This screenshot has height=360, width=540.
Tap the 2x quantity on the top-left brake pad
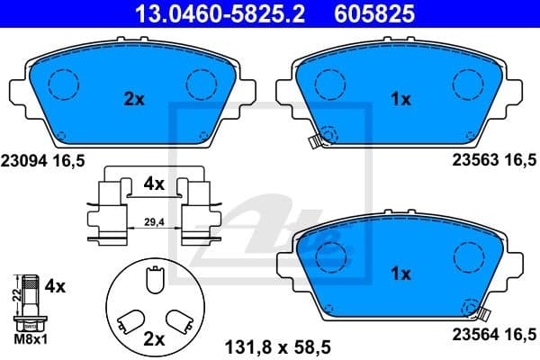[x=133, y=100]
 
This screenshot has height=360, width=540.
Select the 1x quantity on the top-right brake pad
[x=401, y=100]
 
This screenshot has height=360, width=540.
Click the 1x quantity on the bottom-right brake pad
[x=401, y=272]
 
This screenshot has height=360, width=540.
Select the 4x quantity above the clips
[x=154, y=184]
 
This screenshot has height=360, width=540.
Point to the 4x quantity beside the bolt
[x=56, y=287]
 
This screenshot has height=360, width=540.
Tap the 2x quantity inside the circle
[x=155, y=339]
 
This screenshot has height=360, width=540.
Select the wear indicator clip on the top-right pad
[x=314, y=140]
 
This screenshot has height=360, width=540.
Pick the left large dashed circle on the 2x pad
[x=63, y=85]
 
